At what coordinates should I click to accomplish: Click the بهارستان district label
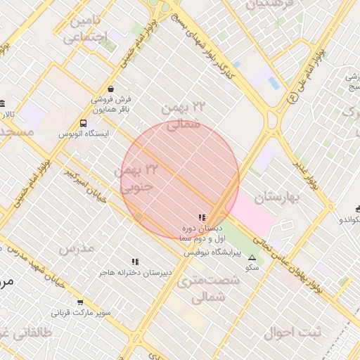click(x=278, y=196)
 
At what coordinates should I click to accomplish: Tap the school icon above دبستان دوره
click(x=202, y=218)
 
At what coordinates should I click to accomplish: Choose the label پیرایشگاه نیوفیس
click(x=213, y=251)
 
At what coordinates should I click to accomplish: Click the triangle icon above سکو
click(x=252, y=257)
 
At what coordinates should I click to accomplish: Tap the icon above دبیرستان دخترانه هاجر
click(x=135, y=262)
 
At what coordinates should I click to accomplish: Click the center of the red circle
click(x=180, y=180)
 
